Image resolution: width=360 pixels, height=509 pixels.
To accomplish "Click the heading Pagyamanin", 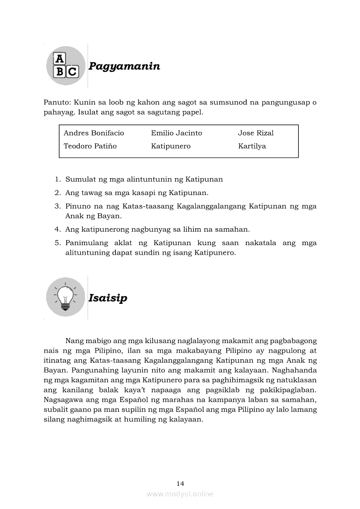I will point(124,66).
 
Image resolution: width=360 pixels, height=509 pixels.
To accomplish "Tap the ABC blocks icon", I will point(66,66).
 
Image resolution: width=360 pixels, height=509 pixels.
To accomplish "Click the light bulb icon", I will point(65,297).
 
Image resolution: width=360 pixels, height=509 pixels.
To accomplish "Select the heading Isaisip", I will point(108,298).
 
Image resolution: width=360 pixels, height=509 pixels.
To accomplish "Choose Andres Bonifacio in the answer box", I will point(94,133).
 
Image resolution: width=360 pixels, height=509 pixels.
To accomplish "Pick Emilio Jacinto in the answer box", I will point(177,133).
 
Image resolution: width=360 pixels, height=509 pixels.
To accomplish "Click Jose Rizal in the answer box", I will point(256,133).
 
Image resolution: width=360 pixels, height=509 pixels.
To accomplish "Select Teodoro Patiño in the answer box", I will point(90,146).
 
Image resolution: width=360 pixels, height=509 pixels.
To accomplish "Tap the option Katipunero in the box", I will point(171,146).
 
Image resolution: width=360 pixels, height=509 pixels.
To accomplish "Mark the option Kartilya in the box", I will point(252,146).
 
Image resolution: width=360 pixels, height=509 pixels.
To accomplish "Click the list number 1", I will point(57,179).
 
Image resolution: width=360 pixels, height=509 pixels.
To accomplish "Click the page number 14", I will point(180,483).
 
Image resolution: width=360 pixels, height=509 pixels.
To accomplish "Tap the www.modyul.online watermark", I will point(180,494).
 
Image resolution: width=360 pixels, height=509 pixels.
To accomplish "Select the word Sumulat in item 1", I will point(78,179).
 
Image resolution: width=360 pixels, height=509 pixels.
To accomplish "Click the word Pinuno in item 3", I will point(77,206).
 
